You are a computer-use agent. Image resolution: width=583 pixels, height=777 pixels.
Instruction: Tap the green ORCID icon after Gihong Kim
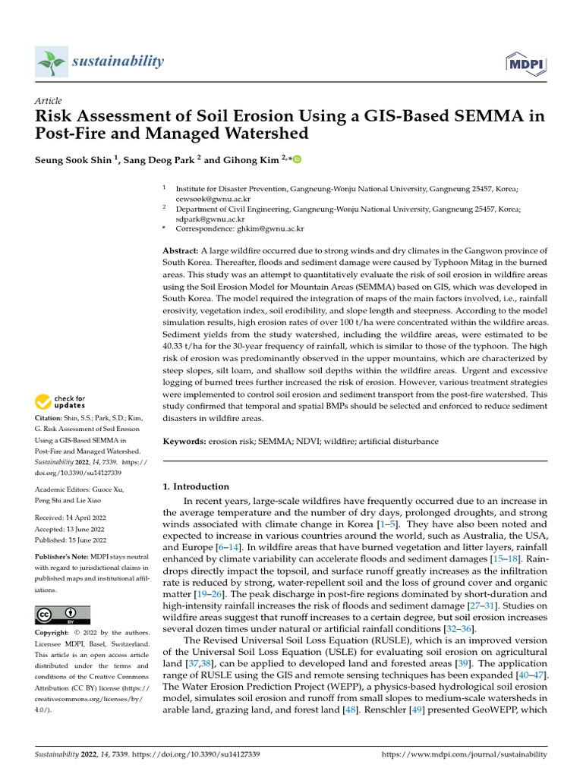coord(297,159)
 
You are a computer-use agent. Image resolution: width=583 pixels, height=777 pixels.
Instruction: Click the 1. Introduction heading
coord(196,486)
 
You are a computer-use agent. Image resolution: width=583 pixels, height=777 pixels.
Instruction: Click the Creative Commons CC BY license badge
coord(62,615)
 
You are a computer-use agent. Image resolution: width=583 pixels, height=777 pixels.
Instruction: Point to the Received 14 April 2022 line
coord(69,518)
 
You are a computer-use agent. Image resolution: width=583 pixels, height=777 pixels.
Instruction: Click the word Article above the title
coord(49,101)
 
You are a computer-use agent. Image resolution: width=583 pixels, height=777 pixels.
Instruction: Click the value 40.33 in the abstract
coord(176,346)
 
